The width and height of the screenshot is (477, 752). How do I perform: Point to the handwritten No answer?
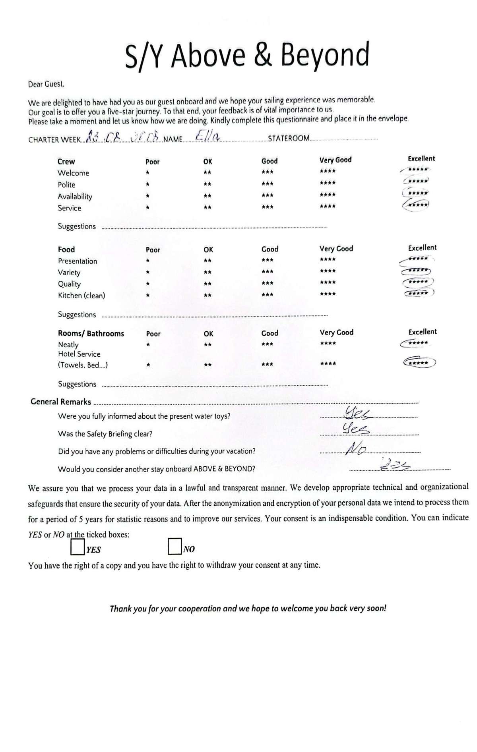coord(356,449)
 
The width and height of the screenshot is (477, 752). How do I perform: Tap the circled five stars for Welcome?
coord(416,170)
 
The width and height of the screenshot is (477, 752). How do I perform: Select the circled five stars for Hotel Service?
coord(419,362)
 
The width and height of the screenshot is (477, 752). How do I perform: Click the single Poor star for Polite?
coord(147,184)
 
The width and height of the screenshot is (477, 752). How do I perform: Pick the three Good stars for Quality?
coord(268,283)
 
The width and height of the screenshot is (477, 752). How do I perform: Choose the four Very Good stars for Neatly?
coord(328,344)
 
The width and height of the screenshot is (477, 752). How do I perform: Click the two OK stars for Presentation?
coord(207,261)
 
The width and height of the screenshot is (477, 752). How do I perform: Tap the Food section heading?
coord(66,249)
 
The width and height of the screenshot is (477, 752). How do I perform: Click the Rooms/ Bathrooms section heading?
coord(91,333)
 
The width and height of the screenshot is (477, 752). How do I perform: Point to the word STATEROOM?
coord(289,138)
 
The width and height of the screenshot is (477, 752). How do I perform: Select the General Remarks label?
coord(61,402)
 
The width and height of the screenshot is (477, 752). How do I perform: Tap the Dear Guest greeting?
coord(46,84)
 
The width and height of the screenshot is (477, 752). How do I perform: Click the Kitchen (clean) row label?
coord(81,295)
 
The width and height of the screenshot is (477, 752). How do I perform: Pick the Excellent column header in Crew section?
coord(421,159)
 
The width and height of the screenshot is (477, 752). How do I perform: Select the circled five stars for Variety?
coord(417,271)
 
